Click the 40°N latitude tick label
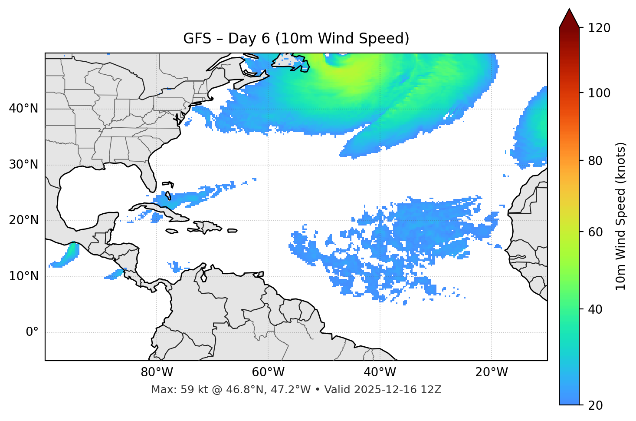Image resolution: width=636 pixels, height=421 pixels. pyautogui.click(x=23, y=109)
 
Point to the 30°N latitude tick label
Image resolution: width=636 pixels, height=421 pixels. pyautogui.click(x=23, y=165)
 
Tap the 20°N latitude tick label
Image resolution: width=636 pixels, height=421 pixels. pyautogui.click(x=23, y=220)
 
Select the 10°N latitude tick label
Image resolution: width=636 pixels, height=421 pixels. pyautogui.click(x=23, y=276)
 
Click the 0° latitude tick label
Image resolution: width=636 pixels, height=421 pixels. pyautogui.click(x=32, y=332)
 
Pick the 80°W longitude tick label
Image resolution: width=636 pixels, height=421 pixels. pyautogui.click(x=157, y=372)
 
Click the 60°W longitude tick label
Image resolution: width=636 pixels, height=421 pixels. pyautogui.click(x=268, y=372)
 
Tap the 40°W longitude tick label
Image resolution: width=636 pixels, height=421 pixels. pyautogui.click(x=380, y=372)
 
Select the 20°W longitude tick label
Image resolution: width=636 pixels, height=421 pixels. pyautogui.click(x=491, y=372)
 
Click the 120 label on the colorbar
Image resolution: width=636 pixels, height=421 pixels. pyautogui.click(x=599, y=28)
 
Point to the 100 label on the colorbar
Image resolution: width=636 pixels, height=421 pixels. pyautogui.click(x=599, y=93)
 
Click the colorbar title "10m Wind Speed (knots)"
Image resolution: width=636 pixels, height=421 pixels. pyautogui.click(x=621, y=216)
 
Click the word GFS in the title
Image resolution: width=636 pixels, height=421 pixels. pyautogui.click(x=197, y=39)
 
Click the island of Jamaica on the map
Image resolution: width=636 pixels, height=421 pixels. pyautogui.click(x=172, y=231)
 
